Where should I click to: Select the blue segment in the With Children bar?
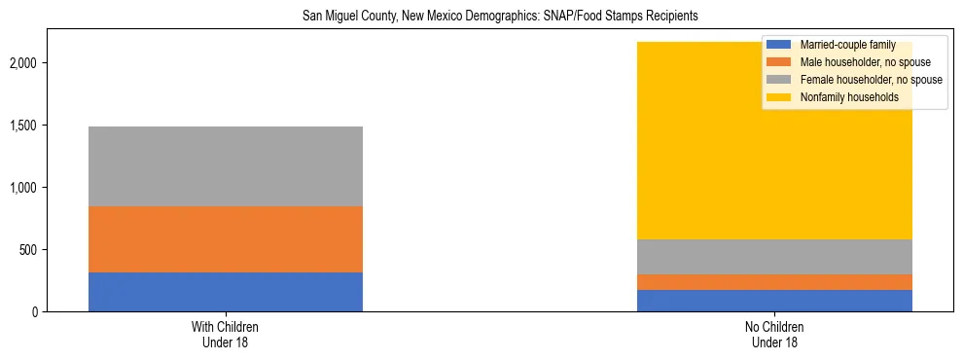click(x=225, y=292)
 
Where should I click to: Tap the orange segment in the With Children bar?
click(x=225, y=239)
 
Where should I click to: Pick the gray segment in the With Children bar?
click(x=225, y=166)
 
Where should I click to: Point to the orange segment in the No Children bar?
click(x=774, y=282)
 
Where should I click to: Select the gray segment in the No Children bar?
click(x=774, y=257)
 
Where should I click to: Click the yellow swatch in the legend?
click(x=779, y=97)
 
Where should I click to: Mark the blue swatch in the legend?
click(x=779, y=45)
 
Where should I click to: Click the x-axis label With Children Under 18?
click(x=225, y=335)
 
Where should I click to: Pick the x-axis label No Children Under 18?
click(x=774, y=335)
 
